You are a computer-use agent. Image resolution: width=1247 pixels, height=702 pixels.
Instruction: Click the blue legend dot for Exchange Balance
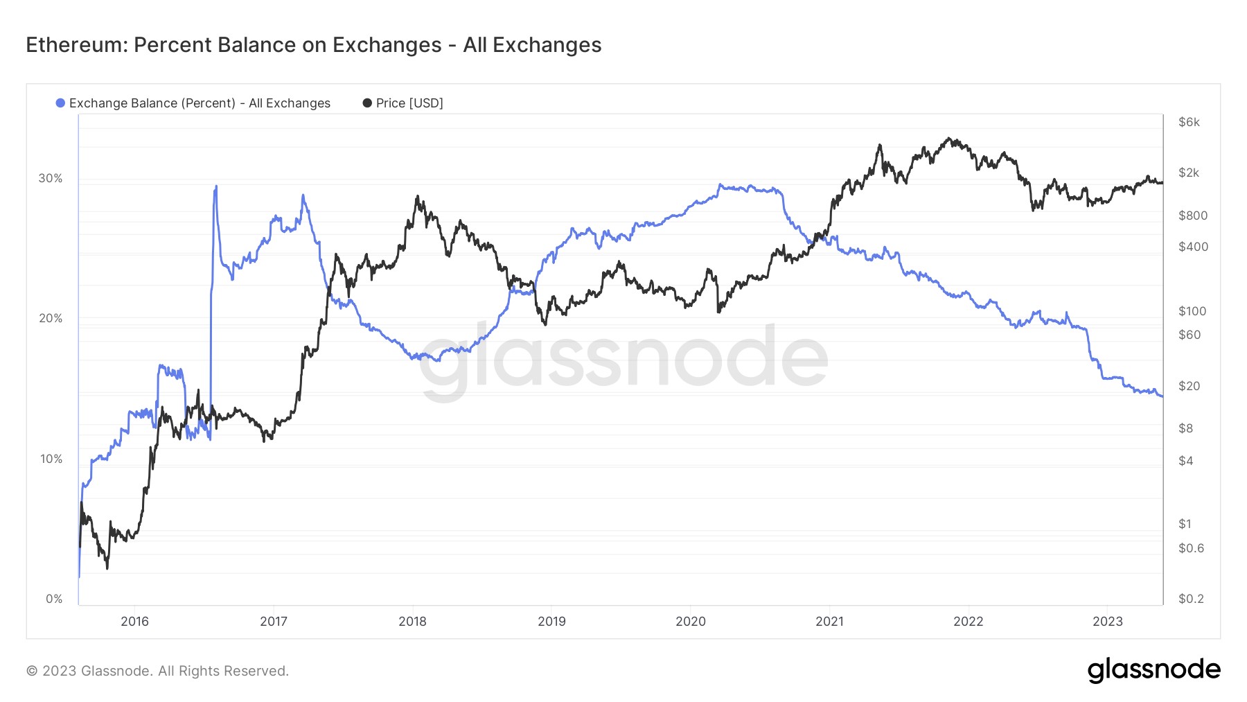click(60, 103)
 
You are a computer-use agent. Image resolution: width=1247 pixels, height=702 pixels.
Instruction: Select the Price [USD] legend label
click(409, 103)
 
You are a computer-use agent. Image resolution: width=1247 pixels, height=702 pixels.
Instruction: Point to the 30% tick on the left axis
click(50, 178)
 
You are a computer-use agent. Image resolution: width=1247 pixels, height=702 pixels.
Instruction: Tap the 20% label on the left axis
click(50, 318)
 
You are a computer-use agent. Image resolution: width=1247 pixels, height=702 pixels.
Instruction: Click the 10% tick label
click(51, 459)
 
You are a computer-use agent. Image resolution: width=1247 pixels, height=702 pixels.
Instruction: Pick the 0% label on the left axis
click(54, 599)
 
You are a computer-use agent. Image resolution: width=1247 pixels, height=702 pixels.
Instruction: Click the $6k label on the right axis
click(1189, 122)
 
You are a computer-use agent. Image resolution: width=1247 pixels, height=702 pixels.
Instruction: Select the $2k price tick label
click(1189, 173)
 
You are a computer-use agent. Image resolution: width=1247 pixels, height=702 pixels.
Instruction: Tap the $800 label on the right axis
click(1192, 216)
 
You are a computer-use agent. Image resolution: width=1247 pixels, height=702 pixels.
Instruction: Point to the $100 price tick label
click(1192, 311)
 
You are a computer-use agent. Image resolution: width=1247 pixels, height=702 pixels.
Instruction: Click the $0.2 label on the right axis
click(1191, 599)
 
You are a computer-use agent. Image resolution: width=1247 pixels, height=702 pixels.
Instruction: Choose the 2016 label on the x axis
click(134, 621)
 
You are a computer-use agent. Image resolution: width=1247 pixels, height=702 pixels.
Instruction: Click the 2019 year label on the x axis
click(551, 621)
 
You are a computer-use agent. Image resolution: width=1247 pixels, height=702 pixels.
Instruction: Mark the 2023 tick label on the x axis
click(1107, 621)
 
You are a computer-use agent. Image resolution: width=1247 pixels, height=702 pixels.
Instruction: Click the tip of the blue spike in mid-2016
click(216, 186)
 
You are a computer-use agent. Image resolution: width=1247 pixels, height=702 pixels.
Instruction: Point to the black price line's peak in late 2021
click(950, 138)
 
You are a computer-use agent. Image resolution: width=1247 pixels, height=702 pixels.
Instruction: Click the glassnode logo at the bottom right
click(1153, 670)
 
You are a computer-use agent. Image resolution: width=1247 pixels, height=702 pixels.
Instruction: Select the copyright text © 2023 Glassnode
click(157, 671)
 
